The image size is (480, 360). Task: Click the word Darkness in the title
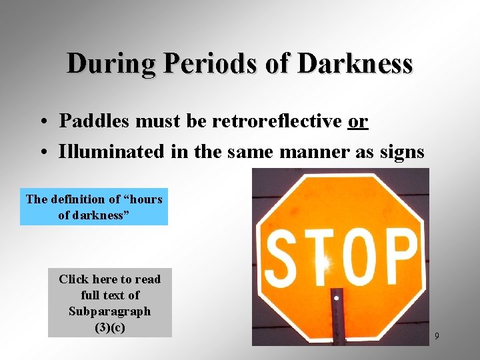click(x=355, y=64)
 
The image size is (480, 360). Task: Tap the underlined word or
click(x=358, y=121)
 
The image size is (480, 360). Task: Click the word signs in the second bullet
click(x=402, y=152)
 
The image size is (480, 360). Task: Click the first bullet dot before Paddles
click(x=42, y=123)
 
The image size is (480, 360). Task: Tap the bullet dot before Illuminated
click(x=42, y=153)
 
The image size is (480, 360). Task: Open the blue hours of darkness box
click(x=94, y=207)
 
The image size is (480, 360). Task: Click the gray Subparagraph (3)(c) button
click(x=109, y=303)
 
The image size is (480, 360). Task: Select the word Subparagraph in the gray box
click(x=109, y=311)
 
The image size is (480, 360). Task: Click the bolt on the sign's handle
click(x=338, y=298)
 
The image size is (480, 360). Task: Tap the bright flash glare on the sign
click(x=324, y=263)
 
